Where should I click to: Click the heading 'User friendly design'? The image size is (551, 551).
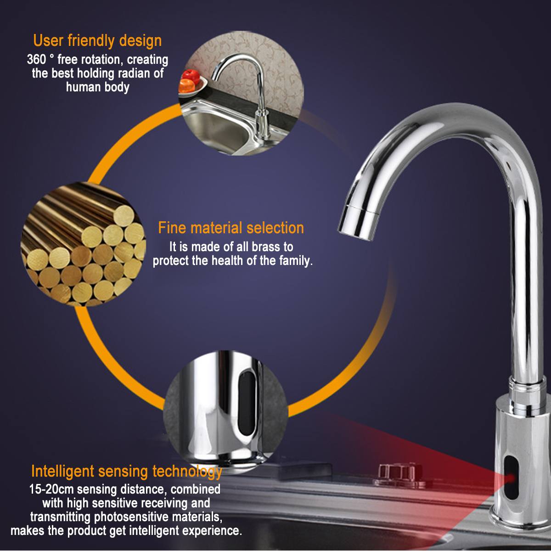[97, 40]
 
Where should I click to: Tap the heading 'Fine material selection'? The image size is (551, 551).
[231, 228]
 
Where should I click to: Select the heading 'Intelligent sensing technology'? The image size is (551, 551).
[127, 471]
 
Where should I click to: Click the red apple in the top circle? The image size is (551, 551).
[190, 76]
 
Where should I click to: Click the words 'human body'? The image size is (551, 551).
[97, 87]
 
